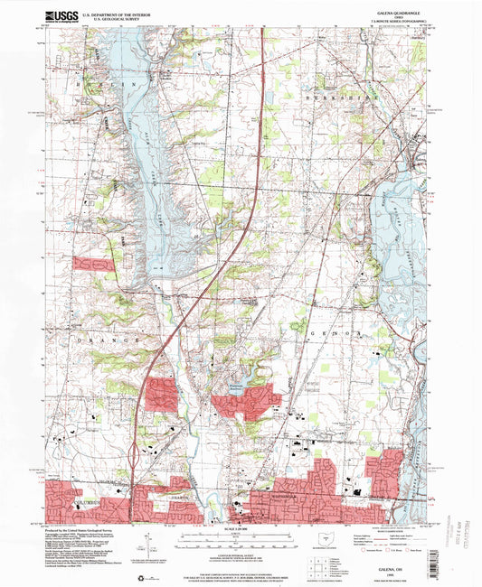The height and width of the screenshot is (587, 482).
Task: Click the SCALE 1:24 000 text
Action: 239,528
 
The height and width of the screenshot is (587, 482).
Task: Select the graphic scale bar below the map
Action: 239,540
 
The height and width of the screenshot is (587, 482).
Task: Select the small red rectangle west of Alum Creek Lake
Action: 94,264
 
